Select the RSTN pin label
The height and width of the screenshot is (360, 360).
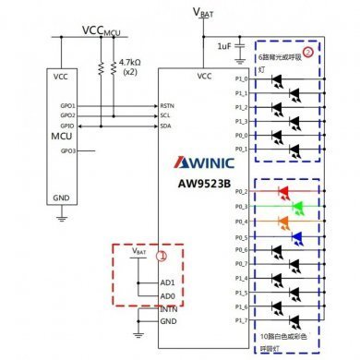(168, 105)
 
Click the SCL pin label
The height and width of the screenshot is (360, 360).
(166, 114)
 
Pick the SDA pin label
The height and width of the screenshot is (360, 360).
(166, 125)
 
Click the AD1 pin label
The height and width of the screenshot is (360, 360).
(167, 282)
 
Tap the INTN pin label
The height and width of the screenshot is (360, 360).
(168, 308)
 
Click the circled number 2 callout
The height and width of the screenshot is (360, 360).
(309, 51)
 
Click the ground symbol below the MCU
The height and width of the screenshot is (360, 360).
(62, 217)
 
